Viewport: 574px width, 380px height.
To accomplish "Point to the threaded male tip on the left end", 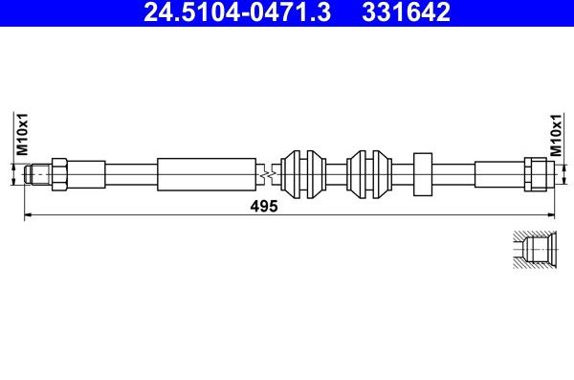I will click(x=38, y=174).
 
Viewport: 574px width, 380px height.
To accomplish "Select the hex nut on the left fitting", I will click(x=56, y=174).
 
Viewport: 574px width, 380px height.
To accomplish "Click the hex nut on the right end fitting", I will click(x=535, y=174).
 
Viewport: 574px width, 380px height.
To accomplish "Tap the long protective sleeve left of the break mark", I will click(x=207, y=174).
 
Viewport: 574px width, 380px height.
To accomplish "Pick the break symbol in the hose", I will click(x=269, y=174).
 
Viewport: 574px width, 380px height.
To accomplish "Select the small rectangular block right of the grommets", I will click(x=425, y=174).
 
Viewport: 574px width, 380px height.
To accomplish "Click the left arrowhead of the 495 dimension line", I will click(x=26, y=216).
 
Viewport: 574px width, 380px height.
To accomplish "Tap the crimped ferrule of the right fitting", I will click(x=498, y=174).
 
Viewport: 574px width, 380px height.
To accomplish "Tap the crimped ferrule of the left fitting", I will click(x=85, y=174).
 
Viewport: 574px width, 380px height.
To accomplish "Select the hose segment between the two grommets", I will click(x=336, y=174).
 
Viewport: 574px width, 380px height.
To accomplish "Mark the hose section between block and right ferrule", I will click(x=455, y=174).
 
